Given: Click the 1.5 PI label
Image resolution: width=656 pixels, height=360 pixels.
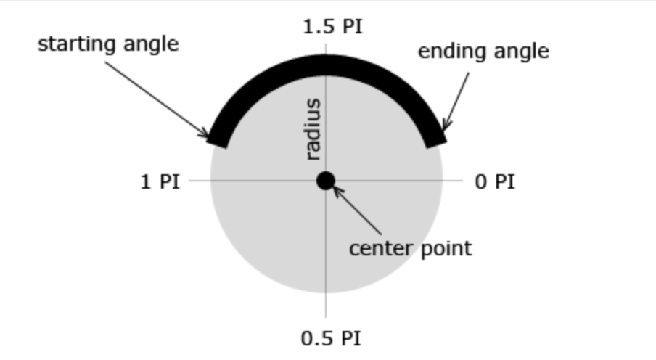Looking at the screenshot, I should (x=332, y=28).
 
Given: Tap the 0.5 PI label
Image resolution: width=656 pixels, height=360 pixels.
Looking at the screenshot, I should (x=331, y=338).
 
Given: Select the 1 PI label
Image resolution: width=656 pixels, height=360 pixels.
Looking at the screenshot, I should (x=160, y=181).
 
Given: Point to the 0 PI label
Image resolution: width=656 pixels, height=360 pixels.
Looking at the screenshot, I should (x=495, y=181).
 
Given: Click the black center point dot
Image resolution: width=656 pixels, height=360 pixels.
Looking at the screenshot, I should (x=326, y=181).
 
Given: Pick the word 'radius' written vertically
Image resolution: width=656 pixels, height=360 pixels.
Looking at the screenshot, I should (x=313, y=129).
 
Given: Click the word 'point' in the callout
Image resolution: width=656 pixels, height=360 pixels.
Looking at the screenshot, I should (x=445, y=249).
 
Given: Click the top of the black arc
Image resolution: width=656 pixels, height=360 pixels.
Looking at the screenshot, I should (x=326, y=65).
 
